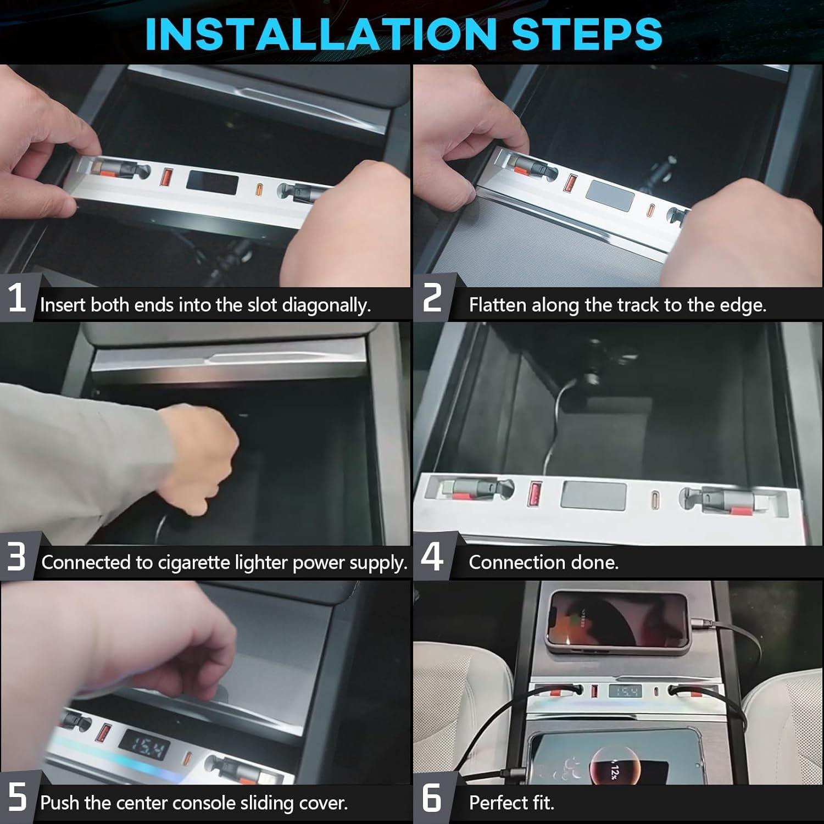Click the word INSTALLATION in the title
[x=324, y=34]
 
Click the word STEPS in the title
[x=587, y=34]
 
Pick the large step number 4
[x=432, y=556]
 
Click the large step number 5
[x=17, y=797]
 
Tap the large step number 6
[x=432, y=797]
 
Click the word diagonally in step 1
[x=326, y=305]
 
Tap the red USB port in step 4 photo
[x=533, y=493]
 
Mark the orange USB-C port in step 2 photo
[x=652, y=211]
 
